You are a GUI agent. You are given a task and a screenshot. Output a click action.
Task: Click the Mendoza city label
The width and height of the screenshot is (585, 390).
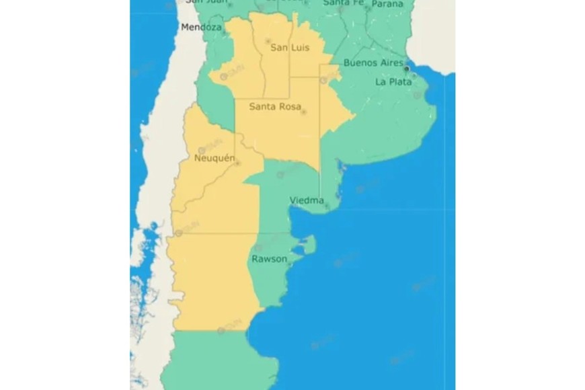pyautogui.click(x=201, y=28)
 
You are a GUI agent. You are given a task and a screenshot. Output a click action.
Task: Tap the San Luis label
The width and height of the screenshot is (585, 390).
pyautogui.click(x=289, y=48)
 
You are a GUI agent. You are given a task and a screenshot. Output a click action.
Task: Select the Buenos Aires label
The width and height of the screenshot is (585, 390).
pyautogui.click(x=373, y=63)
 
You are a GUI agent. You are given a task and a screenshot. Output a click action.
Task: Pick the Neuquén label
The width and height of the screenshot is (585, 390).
pyautogui.click(x=214, y=158)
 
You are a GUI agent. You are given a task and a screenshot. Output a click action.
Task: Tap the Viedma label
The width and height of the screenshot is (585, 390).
pyautogui.click(x=307, y=200)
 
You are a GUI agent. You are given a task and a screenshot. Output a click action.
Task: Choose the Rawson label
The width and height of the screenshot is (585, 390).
pyautogui.click(x=269, y=259)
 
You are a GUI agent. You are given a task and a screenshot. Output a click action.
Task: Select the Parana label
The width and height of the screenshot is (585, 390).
pyautogui.click(x=387, y=3)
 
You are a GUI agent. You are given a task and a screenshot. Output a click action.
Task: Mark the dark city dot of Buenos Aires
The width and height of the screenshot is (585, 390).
pyautogui.click(x=406, y=69)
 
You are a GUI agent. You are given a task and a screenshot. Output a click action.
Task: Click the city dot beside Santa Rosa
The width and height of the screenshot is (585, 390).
pyautogui.click(x=304, y=112)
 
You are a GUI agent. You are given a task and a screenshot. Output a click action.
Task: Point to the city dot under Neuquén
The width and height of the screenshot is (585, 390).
pyautogui.click(x=237, y=163)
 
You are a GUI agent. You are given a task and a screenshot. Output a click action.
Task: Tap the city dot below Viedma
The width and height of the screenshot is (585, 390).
pyautogui.click(x=327, y=206)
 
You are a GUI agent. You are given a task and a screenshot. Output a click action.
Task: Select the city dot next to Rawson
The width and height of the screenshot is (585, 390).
pyautogui.click(x=290, y=264)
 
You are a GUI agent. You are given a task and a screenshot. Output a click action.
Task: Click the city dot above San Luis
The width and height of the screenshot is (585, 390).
pyautogui.click(x=268, y=40)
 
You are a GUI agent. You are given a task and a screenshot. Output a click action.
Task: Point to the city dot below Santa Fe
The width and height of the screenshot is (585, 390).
pyautogui.click(x=340, y=10)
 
